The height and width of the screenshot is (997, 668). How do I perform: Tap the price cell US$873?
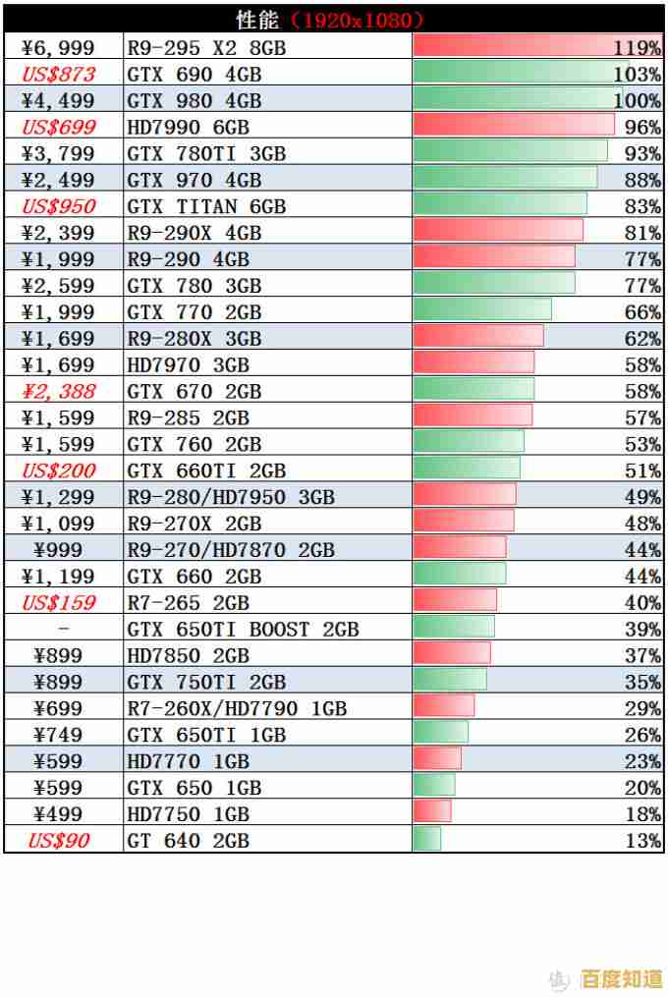(59, 74)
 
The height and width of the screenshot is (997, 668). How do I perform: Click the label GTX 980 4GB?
(195, 100)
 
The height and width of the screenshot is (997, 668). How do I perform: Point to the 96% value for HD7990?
(642, 127)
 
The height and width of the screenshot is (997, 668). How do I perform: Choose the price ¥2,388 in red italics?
(60, 391)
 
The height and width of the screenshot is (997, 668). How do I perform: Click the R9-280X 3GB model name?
(195, 339)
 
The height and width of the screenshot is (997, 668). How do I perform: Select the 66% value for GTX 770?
(642, 312)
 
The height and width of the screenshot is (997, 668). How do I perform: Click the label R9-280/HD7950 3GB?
(231, 497)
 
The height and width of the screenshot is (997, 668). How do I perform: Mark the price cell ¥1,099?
(60, 524)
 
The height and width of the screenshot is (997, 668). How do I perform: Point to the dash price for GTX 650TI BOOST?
(64, 629)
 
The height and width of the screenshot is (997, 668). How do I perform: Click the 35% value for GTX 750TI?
(642, 682)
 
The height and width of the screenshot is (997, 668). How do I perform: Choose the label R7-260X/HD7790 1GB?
(237, 708)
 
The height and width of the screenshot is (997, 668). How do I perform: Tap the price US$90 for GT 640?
(58, 840)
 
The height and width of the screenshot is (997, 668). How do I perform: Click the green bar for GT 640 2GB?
(427, 840)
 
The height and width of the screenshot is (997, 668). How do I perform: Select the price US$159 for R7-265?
(59, 602)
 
